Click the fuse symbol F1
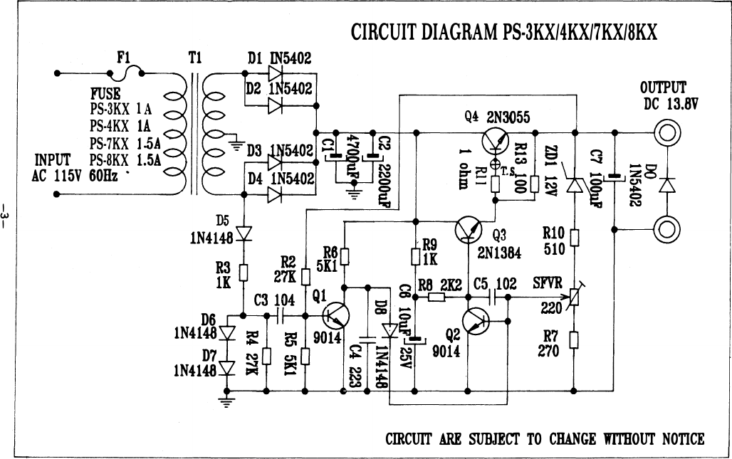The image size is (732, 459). point(125,73)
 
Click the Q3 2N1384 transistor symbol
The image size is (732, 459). point(469,229)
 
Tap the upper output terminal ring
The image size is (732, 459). point(666,133)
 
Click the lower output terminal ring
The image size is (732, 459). point(666,229)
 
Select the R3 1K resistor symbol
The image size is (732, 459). point(244,273)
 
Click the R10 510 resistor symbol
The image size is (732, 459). point(574,238)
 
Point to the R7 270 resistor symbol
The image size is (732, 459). point(574,339)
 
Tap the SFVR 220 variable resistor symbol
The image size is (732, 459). point(574,297)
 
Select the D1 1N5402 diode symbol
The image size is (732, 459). point(275,73)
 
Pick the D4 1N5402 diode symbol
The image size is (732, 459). point(275,194)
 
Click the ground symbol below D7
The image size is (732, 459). point(226,401)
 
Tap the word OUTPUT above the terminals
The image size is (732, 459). point(663,88)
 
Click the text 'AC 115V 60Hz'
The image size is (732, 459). point(75,176)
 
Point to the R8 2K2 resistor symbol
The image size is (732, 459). point(436,297)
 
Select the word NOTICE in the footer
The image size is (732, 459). point(684,439)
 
